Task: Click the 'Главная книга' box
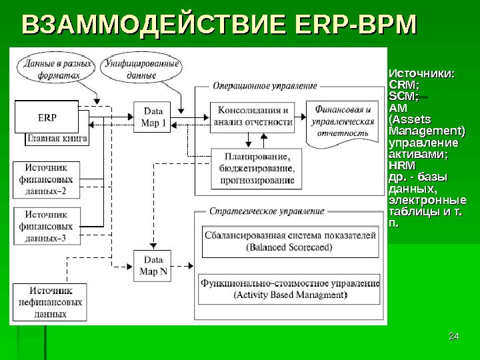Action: [x=57, y=139]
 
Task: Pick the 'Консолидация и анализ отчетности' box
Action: [x=253, y=116]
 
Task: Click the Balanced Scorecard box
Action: [x=290, y=241]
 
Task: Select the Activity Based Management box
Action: [x=290, y=288]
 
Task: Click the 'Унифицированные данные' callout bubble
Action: [x=141, y=69]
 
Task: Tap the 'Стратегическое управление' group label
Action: [x=267, y=211]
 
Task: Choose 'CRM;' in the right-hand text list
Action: [x=403, y=85]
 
